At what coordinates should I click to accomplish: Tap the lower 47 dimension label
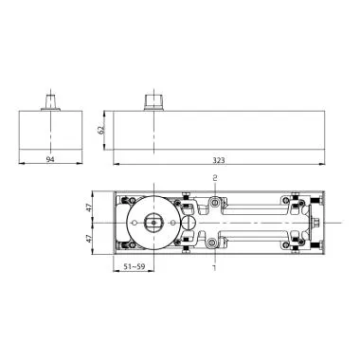pos(90,240)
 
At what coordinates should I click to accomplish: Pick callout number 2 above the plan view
pos(215,178)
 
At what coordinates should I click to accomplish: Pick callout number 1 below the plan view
pos(215,269)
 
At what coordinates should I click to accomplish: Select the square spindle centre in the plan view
pos(152,224)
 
